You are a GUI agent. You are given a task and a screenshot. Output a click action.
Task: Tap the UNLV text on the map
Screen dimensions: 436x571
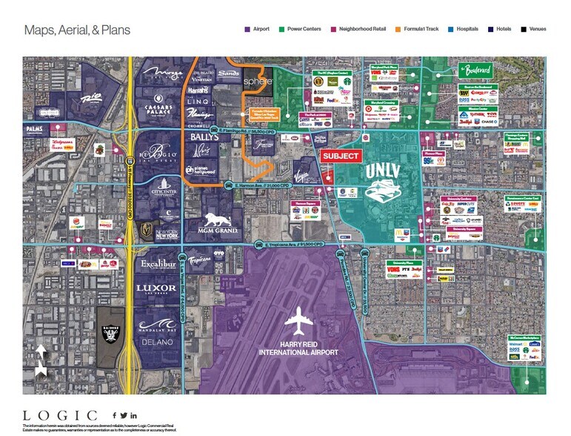point(387,171)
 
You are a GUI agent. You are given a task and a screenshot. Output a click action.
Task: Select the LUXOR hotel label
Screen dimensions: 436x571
point(156,288)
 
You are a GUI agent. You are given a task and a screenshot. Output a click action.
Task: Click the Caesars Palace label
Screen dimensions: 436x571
point(157,106)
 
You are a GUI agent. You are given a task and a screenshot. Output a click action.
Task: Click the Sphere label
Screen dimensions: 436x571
point(258,80)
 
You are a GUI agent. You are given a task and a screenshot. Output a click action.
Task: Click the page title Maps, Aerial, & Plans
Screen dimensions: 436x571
point(77,30)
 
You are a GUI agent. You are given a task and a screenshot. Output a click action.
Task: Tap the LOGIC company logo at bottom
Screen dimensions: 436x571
point(60,415)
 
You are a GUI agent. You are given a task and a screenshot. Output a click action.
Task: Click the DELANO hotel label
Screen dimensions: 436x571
point(156,342)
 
